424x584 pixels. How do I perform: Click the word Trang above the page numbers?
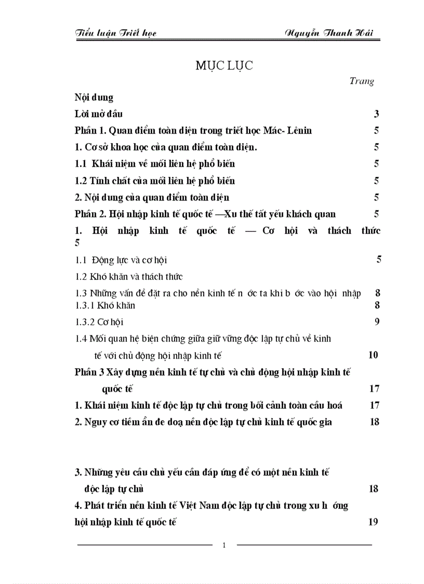coord(362,81)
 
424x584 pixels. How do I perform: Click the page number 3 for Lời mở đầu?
coord(376,114)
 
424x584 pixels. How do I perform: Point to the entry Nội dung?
coord(94,97)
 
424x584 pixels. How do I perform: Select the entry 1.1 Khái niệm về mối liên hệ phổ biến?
coord(155,164)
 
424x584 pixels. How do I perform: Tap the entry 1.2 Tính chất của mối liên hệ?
coord(155,180)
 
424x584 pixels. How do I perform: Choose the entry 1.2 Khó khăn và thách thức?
coord(129,276)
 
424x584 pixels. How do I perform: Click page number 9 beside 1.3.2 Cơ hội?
coord(377,322)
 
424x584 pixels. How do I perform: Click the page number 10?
coord(373,355)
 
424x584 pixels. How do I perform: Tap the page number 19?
coord(373,522)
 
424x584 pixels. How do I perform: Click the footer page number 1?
coord(224,545)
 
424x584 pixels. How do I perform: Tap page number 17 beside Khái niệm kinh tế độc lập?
coord(374,405)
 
